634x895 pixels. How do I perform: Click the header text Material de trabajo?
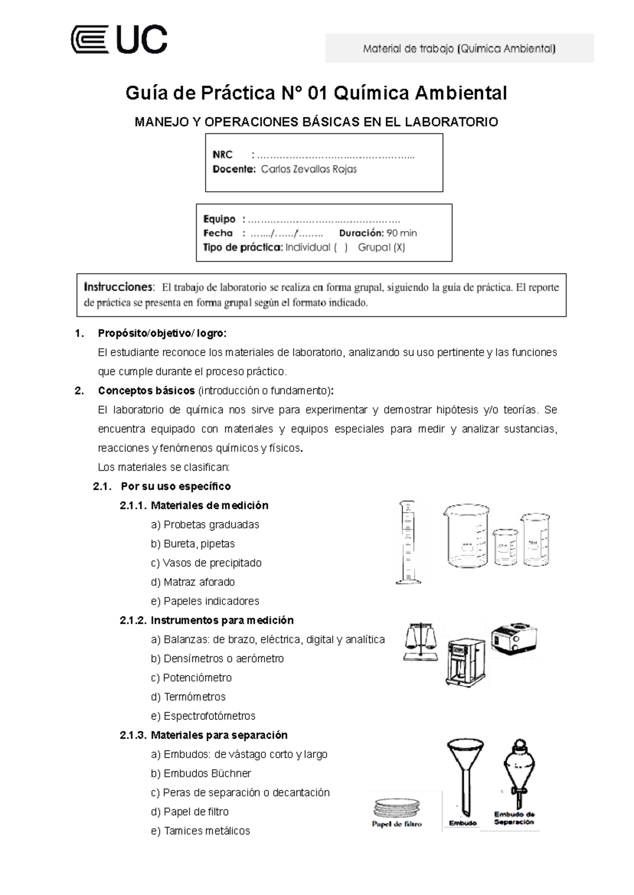(459, 49)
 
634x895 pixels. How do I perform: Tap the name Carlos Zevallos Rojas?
(309, 170)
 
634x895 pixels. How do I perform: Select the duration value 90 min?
(402, 233)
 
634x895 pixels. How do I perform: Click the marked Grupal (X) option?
(381, 247)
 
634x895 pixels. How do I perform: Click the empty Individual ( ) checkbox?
(340, 247)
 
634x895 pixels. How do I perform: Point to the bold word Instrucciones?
(119, 287)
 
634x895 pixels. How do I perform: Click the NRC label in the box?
(222, 155)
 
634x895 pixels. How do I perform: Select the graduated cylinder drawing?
(408, 543)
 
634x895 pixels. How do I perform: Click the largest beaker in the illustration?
(465, 536)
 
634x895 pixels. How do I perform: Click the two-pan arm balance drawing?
(421, 641)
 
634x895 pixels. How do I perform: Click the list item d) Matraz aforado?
(193, 582)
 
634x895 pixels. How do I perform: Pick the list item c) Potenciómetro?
(191, 678)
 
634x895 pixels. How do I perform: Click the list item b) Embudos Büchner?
(201, 773)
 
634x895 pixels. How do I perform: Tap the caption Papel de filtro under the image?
(397, 824)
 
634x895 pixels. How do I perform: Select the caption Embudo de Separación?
(514, 818)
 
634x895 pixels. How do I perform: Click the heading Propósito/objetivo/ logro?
(162, 333)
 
